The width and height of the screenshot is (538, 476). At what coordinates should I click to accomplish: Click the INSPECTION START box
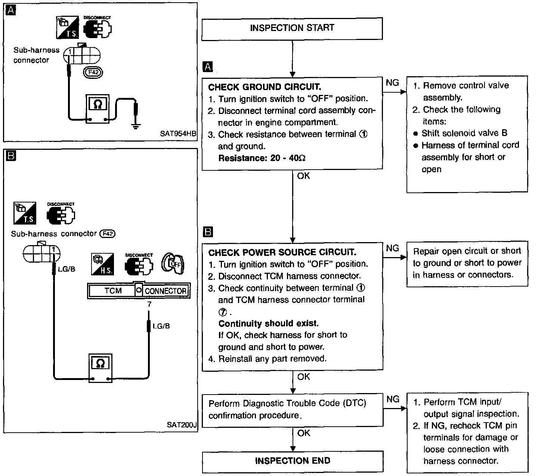(292, 29)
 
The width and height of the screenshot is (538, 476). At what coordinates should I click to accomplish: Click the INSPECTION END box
(293, 462)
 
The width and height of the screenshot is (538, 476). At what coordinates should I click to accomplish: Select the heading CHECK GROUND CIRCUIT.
(265, 87)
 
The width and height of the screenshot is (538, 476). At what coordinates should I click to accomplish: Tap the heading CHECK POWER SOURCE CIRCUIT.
(282, 252)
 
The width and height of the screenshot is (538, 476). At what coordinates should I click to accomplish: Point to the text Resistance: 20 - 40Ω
(262, 158)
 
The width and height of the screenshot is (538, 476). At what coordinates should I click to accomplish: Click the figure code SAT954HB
(178, 134)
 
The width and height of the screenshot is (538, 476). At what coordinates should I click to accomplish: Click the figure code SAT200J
(182, 425)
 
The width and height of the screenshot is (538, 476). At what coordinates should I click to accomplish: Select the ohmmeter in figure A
(98, 109)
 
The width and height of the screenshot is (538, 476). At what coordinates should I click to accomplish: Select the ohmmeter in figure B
(101, 368)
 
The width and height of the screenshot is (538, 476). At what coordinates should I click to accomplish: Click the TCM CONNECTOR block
(139, 291)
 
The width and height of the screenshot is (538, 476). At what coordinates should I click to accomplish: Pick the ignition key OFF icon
(173, 263)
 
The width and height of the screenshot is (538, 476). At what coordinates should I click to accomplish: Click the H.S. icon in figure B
(102, 264)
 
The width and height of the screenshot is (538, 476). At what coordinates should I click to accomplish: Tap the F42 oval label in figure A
(93, 72)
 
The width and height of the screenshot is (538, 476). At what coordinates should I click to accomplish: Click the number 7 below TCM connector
(149, 304)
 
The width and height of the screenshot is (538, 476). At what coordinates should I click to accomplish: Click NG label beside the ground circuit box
(392, 83)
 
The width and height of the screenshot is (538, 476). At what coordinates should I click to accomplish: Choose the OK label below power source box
(303, 377)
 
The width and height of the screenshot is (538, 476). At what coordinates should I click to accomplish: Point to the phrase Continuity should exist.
(269, 323)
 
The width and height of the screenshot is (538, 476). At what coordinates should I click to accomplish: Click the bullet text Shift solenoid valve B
(464, 133)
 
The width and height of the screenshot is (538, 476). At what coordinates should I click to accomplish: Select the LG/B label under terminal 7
(161, 326)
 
